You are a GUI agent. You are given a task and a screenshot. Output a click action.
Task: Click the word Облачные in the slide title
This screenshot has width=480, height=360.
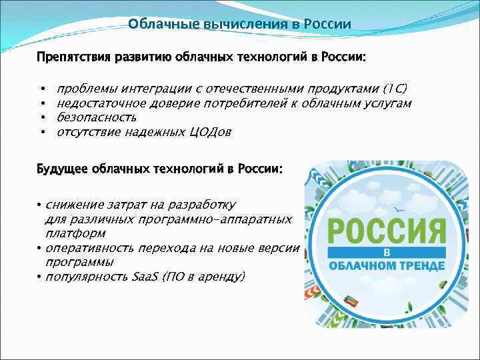pos(155,25)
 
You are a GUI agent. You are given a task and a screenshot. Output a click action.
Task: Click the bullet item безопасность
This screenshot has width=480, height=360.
pos(97,117)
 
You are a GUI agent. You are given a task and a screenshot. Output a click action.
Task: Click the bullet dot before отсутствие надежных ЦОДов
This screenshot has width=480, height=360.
pos(41,132)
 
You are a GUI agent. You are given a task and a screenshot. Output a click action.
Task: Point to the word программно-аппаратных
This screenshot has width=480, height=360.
pos(215,219)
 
